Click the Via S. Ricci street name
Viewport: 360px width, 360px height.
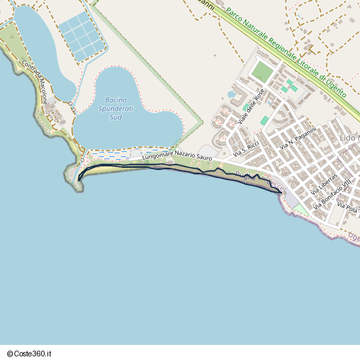247,148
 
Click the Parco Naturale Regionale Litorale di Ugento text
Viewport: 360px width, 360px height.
292,54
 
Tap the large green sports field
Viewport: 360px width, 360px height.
262,71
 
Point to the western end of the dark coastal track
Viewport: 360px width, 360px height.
78,178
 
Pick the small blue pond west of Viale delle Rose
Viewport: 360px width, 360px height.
231,94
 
